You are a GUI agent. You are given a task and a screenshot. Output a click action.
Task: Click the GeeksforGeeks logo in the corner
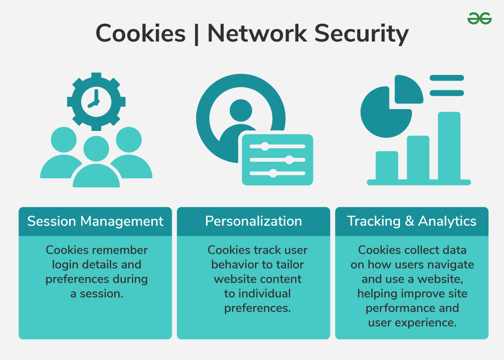[479, 18]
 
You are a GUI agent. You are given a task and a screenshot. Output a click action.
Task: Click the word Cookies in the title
[140, 34]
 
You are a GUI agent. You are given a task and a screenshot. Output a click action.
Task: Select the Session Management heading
[95, 221]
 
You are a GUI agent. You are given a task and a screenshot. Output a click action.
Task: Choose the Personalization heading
[253, 221]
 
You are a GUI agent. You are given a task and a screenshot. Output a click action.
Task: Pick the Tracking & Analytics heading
[412, 221]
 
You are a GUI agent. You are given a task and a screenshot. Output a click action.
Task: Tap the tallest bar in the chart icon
[449, 145]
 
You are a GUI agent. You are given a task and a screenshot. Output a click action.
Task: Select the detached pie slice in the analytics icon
[408, 88]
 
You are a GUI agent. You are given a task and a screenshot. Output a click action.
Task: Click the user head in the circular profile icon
[240, 110]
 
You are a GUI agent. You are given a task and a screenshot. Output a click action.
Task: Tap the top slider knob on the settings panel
[265, 146]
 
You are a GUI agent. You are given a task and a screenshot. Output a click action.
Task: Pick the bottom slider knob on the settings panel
[273, 173]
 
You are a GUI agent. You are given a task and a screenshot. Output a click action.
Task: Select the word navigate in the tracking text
[452, 265]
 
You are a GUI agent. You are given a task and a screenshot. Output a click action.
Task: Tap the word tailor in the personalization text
[290, 265]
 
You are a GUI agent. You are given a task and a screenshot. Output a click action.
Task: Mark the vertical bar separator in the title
[196, 34]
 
